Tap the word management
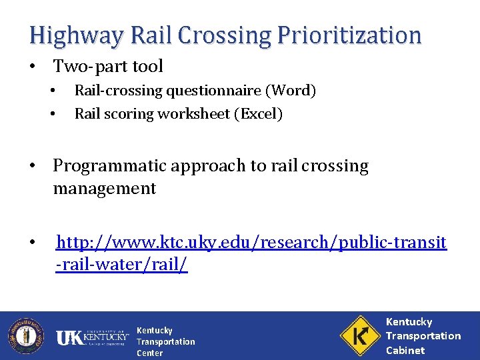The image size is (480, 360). pos(104,189)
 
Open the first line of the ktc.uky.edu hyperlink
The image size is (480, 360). pos(251,243)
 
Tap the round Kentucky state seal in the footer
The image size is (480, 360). pos(25,335)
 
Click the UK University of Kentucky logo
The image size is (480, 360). pos(92,337)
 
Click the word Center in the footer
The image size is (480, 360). pos(149,353)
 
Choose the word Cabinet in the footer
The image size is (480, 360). pos(405,350)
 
